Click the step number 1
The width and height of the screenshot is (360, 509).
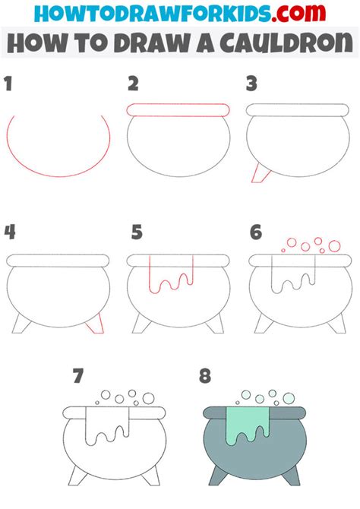8,84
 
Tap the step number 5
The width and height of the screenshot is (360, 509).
137,232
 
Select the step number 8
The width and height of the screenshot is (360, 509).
205,376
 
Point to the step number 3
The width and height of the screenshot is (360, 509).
251,84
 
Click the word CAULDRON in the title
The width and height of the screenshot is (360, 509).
286,43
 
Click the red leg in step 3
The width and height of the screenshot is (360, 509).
261,173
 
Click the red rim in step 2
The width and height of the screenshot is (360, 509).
178,109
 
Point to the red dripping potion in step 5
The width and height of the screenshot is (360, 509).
171,274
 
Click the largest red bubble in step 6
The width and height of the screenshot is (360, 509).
334,246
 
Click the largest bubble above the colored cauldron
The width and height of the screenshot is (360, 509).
289,397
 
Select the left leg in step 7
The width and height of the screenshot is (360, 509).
77,476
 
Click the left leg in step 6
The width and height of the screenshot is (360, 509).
264,324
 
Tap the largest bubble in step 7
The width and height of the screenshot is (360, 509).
148,398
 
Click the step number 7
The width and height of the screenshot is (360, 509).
78,376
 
